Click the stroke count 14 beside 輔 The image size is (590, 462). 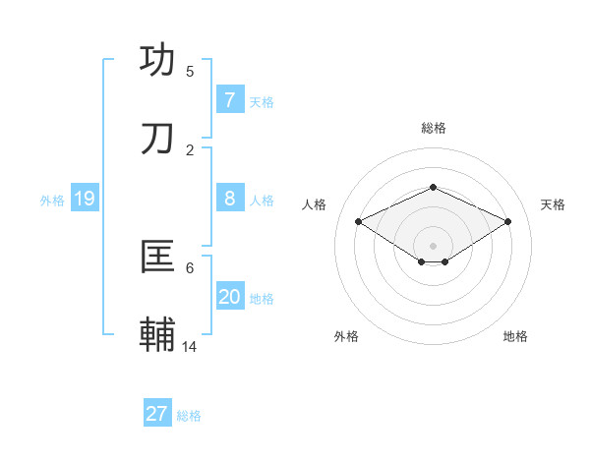coord(190,346)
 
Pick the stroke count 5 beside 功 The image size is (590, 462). coord(190,71)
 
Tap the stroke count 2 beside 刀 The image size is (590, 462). coord(190,149)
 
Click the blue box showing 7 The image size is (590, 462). coord(229,99)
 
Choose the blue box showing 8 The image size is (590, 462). coord(229,199)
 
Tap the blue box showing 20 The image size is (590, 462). coord(229,297)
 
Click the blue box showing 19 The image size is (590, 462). coord(84,199)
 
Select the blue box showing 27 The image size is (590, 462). coord(156,414)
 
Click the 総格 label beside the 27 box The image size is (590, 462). coord(189,416)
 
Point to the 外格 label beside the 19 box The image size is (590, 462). coord(52,201)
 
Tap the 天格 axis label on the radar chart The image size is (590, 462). coord(553,204)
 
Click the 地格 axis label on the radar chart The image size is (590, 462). coord(515,336)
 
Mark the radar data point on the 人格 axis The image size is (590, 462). coord(359,222)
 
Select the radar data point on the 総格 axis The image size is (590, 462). coord(433,187)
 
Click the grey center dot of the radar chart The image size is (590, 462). coord(433,245)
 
